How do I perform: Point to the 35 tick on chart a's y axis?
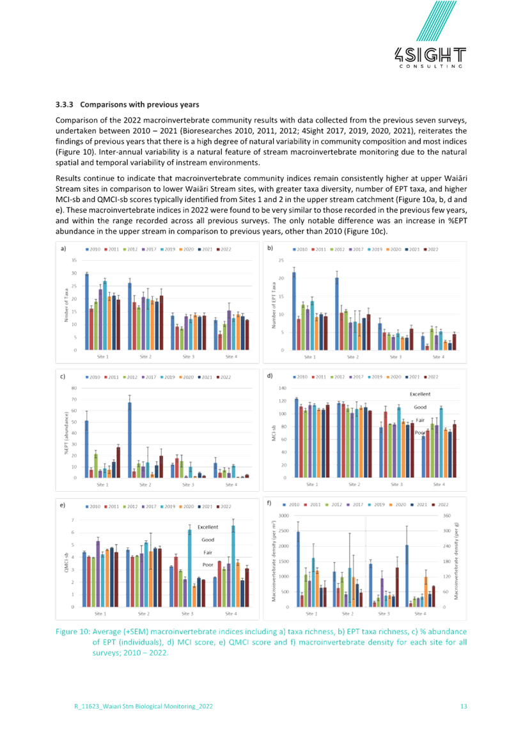tap(74, 260)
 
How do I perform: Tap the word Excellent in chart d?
tap(421, 394)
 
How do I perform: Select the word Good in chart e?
tap(208, 540)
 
